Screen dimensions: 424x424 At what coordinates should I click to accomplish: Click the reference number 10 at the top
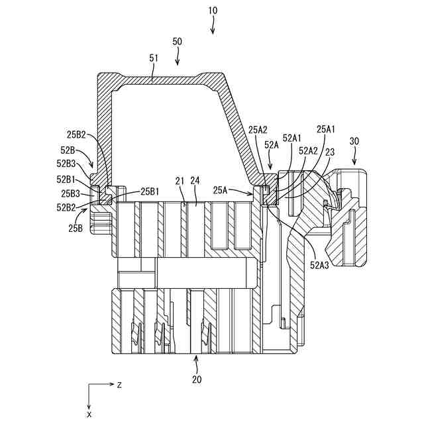tap(212, 12)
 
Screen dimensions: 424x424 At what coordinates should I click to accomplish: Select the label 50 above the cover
tap(178, 41)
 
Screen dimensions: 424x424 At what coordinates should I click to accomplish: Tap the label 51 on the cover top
tap(154, 58)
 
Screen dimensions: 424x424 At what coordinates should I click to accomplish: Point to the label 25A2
tap(258, 131)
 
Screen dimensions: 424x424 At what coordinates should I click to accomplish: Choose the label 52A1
tap(292, 138)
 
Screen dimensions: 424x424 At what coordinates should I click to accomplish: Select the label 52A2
tap(307, 150)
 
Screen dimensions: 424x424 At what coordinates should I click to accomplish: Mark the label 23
tap(329, 152)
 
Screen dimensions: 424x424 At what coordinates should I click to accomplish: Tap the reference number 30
tap(354, 141)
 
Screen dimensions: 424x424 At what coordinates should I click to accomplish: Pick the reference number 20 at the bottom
tap(197, 380)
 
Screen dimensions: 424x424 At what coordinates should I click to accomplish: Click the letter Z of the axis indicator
tap(119, 385)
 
